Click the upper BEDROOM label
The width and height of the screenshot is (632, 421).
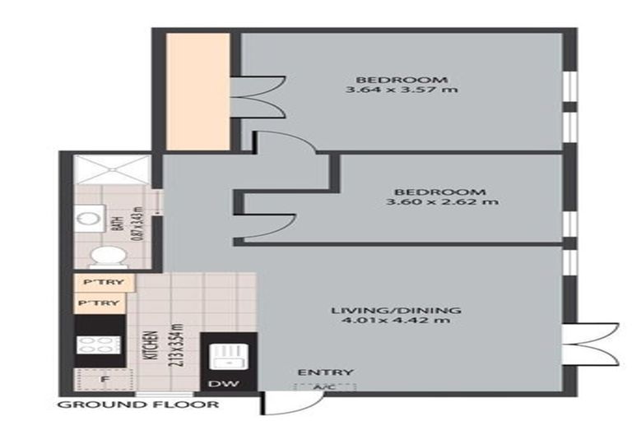402,80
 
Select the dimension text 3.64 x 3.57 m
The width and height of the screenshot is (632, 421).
402,91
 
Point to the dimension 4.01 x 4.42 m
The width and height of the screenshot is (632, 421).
396,321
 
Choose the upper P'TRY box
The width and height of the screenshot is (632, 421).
99,284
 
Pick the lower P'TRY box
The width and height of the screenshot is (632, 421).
99,303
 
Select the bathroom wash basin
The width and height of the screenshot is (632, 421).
85,220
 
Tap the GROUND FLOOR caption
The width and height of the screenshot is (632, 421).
138,405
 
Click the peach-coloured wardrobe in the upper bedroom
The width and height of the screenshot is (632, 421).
197,91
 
